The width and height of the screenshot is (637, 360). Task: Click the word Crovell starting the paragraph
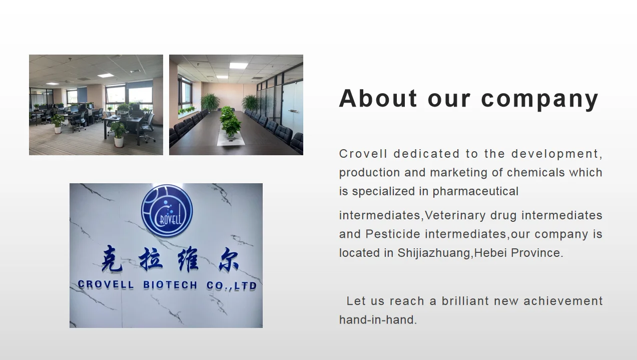pos(363,154)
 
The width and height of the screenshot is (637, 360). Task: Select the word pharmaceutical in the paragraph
pos(475,191)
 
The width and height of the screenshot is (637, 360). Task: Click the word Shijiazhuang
pos(434,253)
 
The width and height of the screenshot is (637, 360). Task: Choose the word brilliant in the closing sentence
pos(465,301)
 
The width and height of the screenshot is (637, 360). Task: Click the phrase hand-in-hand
pos(377,319)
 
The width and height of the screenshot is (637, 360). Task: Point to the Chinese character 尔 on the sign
pos(228,258)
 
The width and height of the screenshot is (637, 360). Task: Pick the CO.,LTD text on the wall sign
pos(231,286)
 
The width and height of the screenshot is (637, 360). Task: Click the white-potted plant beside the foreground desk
pos(118,134)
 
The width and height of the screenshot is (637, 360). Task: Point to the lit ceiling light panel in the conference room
pos(238,66)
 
